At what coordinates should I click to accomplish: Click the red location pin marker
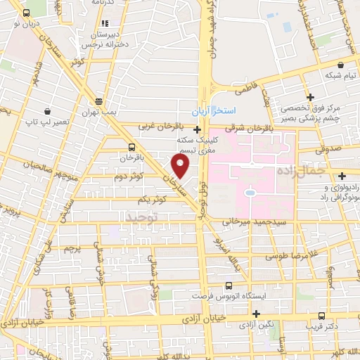[x=181, y=167]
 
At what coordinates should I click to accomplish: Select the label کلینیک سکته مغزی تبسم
[x=198, y=144]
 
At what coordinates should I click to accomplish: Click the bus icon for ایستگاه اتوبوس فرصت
[x=228, y=285]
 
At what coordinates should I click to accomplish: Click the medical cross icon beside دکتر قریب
[x=321, y=316]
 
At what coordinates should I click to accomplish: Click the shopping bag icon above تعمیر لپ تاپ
[x=46, y=111]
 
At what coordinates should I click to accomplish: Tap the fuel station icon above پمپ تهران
[x=98, y=100]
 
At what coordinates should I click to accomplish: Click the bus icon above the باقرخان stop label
[x=132, y=147]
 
